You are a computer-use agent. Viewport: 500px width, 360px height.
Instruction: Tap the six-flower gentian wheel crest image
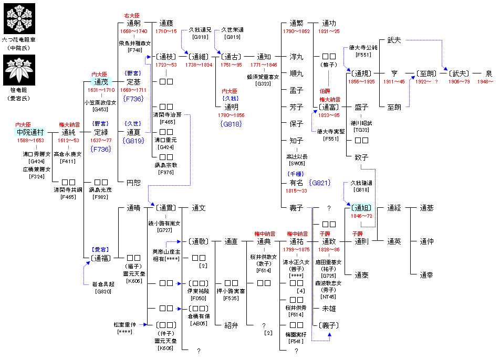pos(20,17)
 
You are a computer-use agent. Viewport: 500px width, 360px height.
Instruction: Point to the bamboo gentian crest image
pos(19,73)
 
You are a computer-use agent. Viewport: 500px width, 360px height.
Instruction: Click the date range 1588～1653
pos(30,141)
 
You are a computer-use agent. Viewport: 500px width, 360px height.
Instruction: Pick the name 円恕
pos(133,183)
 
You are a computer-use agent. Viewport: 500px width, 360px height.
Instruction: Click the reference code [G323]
pos(264,83)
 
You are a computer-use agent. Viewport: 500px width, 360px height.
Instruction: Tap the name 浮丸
pos(296,57)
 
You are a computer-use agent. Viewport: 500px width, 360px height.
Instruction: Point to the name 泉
pos(488,73)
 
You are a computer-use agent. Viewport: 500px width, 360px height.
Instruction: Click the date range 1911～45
pos(394,82)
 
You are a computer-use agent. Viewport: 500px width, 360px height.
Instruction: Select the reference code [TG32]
pos(361,130)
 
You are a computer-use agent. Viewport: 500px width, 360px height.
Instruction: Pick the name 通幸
pos(426,274)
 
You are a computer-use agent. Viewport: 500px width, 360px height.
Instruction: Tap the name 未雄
pos(329,308)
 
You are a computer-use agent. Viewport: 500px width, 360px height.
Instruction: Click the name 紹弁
pos(231,325)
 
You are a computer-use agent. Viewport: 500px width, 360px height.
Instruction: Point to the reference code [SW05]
pos(296,163)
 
